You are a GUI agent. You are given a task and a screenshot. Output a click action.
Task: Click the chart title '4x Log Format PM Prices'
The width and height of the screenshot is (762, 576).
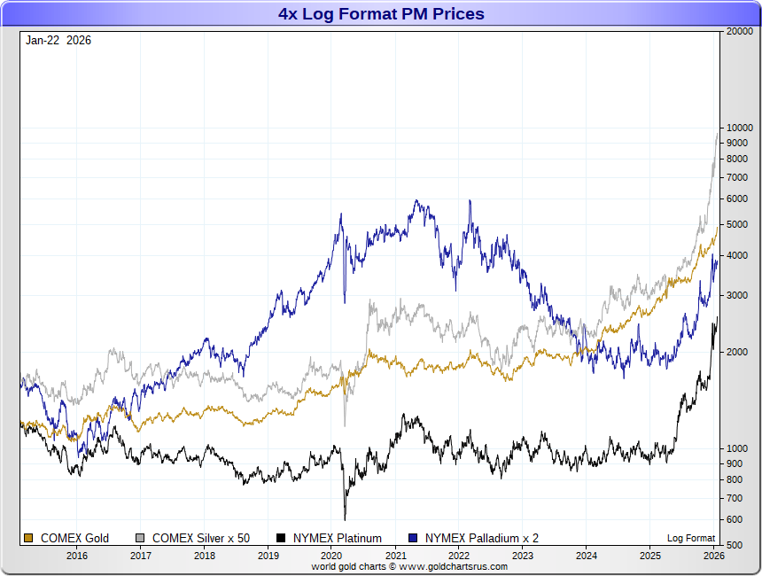(381, 14)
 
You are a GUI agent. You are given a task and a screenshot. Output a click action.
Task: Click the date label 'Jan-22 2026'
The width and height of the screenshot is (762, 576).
(58, 40)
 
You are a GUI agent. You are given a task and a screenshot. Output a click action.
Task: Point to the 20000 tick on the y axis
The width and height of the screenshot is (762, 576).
(739, 31)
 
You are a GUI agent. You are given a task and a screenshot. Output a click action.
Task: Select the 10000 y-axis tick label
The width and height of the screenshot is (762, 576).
(739, 128)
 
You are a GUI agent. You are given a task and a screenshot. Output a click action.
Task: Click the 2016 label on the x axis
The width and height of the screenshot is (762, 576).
(77, 556)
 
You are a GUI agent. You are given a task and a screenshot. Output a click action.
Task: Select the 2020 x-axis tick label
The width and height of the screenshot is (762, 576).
(331, 556)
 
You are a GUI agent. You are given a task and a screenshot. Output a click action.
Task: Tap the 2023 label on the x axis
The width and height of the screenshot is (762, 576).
(523, 556)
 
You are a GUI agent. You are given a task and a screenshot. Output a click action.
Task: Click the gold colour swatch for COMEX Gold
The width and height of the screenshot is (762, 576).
(28, 538)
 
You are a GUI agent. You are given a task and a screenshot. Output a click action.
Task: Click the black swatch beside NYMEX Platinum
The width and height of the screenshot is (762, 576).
(282, 538)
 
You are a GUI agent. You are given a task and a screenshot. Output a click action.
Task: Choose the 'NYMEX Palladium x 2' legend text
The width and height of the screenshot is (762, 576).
(482, 538)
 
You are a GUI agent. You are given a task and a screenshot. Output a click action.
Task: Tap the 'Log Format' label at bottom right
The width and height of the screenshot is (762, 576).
(691, 538)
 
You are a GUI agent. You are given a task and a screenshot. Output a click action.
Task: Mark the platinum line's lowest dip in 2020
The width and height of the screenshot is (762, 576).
(345, 518)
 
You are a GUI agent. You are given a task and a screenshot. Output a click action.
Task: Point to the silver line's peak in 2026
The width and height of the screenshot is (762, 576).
(717, 132)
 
